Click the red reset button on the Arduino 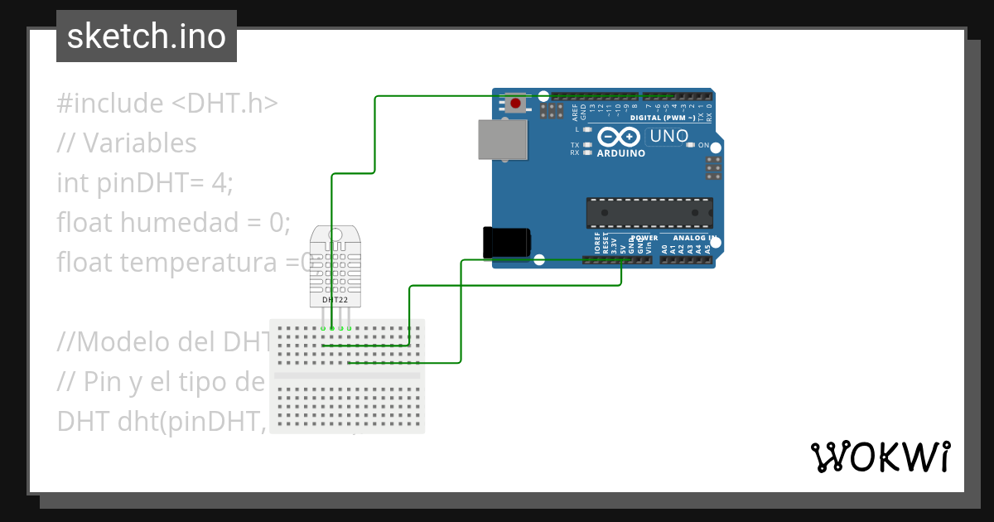516,104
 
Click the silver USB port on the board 503,139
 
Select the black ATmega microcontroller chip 649,213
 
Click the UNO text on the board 669,136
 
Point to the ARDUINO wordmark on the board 620,153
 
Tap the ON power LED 691,146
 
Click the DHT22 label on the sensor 335,300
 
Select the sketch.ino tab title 147,36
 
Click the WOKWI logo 880,457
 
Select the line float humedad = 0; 174,222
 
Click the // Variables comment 127,143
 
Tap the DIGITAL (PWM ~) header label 663,118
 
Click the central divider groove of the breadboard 347,375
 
